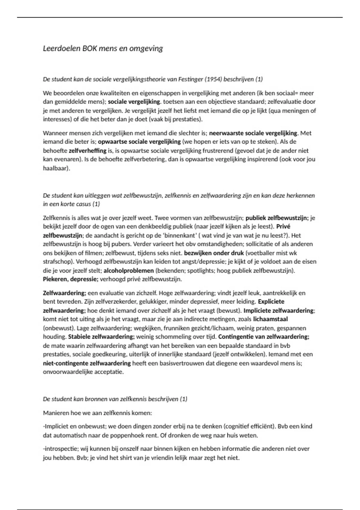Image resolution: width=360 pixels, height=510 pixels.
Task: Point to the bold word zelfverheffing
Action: (88, 151)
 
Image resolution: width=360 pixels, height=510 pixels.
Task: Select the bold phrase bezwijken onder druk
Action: (214, 253)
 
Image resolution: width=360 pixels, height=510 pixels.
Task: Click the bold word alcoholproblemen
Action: (129, 271)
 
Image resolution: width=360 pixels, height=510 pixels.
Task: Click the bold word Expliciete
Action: (271, 301)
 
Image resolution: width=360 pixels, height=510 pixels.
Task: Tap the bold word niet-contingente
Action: (66, 363)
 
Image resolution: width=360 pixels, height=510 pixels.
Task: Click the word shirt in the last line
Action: (132, 458)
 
